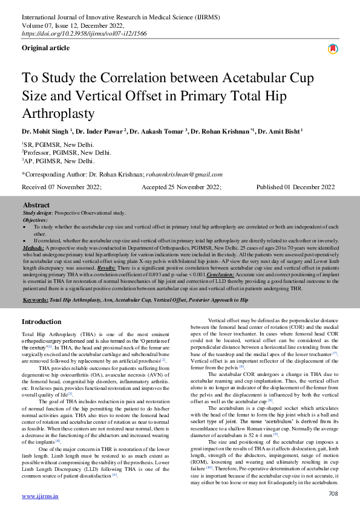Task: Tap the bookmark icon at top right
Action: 333,49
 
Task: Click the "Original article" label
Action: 45,47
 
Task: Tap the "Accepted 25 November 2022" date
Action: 182,188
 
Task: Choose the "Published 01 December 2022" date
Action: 295,188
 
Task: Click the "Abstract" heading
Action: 36,206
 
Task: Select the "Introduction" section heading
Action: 42,322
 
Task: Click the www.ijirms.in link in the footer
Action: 40,496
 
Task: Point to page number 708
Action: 332,494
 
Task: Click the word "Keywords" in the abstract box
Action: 36,300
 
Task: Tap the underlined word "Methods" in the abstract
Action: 34,248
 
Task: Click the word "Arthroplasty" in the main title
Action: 58,113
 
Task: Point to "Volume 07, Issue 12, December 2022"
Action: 73,26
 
